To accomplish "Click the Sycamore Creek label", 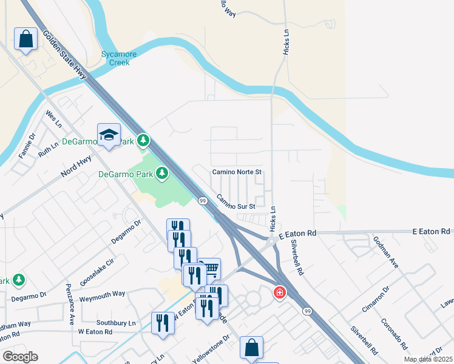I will point(119,58).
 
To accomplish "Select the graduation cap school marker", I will point(109,136).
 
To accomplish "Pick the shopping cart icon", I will point(209,268).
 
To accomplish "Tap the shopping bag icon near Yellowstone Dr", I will point(251,348).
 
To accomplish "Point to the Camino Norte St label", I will point(236,172).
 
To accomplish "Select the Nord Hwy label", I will point(76,169).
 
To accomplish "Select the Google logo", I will point(20,357).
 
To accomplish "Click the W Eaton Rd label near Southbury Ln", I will point(95,332).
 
